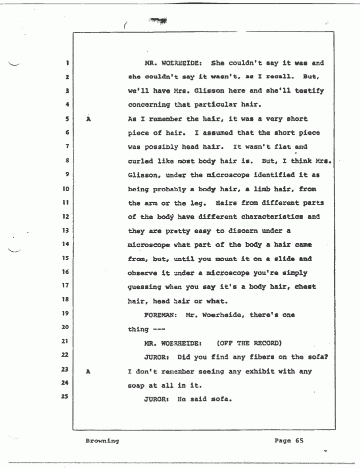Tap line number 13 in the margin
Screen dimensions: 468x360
click(65, 231)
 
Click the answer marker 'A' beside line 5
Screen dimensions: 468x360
click(88, 120)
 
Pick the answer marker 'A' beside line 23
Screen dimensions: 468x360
click(88, 371)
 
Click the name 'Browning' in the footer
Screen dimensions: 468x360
click(102, 441)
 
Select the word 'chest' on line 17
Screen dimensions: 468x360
click(304, 287)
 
